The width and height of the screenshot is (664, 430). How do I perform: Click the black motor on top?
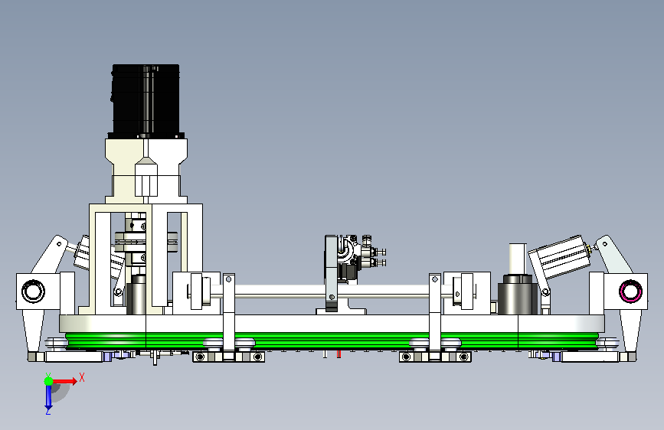(x=146, y=101)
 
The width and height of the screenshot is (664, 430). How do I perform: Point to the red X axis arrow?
(x=64, y=381)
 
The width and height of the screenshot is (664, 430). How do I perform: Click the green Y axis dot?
(x=49, y=381)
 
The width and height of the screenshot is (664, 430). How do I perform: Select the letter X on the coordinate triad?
(x=82, y=377)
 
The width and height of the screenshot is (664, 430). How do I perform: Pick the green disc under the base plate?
(x=332, y=340)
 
